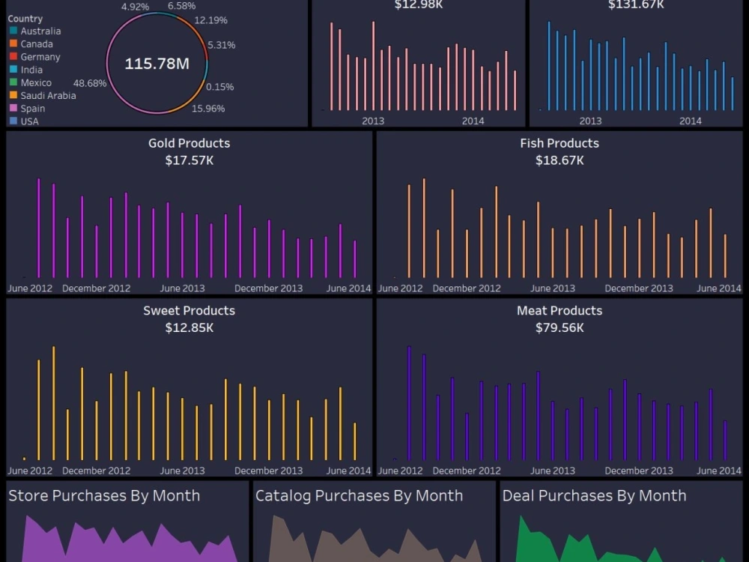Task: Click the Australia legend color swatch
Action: coord(13,31)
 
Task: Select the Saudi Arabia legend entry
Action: coord(48,95)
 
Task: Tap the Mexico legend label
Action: coord(36,82)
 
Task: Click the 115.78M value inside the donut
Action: coord(157,64)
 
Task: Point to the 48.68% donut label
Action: coord(89,82)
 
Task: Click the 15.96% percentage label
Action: coord(208,109)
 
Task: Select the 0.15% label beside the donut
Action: coord(219,87)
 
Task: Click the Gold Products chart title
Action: coord(189,143)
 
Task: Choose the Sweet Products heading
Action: coord(189,310)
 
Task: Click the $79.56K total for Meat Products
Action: coord(560,327)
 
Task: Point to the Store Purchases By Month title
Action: coord(104,495)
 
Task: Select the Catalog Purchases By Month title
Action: coord(359,495)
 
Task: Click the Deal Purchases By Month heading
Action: coord(594,495)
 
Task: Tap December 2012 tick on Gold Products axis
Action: coord(96,288)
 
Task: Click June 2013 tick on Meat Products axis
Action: coord(553,471)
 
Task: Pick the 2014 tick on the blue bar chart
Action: coord(690,121)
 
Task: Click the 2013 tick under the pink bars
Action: coord(373,121)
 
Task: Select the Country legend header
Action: coord(25,19)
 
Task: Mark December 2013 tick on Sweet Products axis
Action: coord(268,471)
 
